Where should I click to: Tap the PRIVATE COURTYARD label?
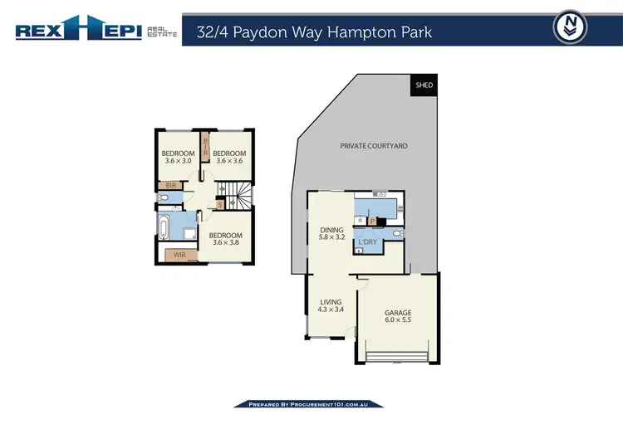[374, 146]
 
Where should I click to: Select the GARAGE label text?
[398, 313]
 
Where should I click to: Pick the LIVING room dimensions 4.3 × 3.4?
[331, 310]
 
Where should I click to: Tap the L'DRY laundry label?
[368, 241]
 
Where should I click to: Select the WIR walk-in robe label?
[180, 256]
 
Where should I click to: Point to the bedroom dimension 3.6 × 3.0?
[177, 161]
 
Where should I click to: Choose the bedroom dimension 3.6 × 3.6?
[229, 161]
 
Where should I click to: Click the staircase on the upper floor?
[240, 198]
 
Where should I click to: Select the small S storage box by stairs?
[219, 204]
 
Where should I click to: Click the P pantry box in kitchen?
[373, 222]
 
